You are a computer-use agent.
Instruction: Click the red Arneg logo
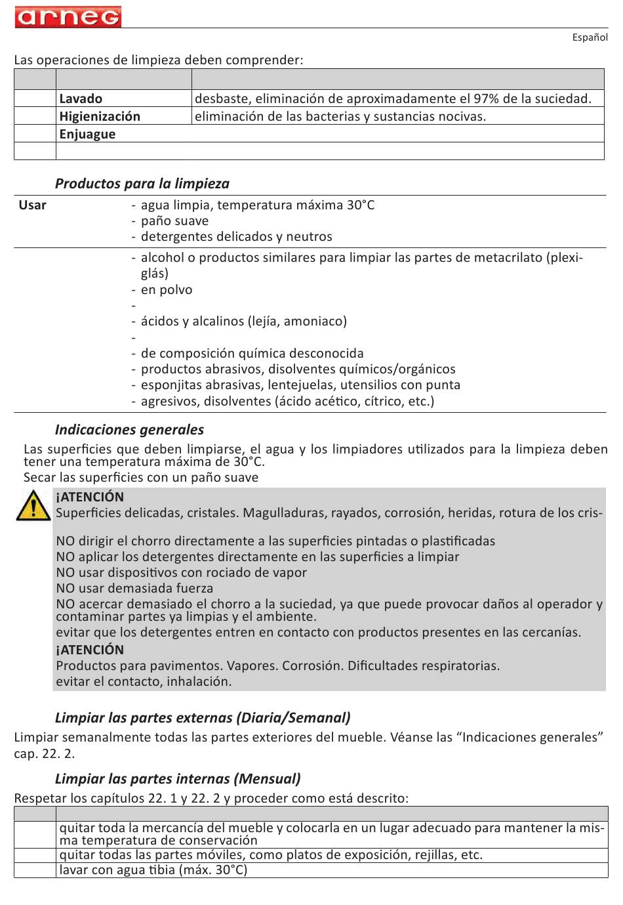pos(68,16)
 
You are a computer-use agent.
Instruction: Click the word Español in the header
pos(590,37)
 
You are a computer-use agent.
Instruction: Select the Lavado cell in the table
pos(81,99)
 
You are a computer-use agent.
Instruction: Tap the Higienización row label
pos(100,117)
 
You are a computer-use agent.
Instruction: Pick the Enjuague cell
pos(87,135)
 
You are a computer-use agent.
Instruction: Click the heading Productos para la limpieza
pos(142,184)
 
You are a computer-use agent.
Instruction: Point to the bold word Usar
pos(32,205)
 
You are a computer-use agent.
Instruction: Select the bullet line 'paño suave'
pos(174,221)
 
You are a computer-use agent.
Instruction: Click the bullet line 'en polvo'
pos(167,290)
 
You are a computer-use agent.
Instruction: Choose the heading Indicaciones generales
pos(129,430)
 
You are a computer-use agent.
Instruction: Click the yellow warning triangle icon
pos(33,507)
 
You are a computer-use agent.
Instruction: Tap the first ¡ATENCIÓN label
pos(90,497)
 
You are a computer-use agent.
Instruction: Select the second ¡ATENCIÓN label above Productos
pos(90,650)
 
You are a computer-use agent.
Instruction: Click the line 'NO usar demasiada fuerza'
pos(134,588)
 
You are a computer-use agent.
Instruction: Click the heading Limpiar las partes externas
pos(203,718)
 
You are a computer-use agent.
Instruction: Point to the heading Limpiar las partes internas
pos(178,779)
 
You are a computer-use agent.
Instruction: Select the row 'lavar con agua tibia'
pos(153,870)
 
